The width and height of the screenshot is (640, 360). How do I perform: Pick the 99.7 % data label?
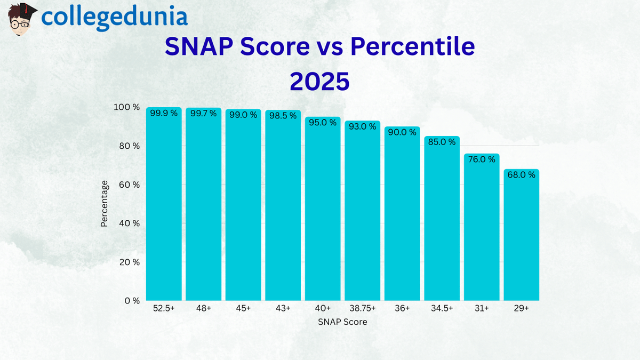tap(203, 113)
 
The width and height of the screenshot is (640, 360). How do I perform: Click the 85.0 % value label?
tap(442, 142)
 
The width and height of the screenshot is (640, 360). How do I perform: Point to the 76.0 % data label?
tap(482, 159)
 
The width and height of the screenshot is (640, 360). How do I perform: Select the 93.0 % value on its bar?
tap(362, 127)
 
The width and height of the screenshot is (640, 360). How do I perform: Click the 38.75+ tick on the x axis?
tap(362, 309)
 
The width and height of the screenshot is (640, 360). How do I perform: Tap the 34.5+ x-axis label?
tap(442, 309)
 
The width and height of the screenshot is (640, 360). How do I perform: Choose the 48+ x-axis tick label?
tap(203, 309)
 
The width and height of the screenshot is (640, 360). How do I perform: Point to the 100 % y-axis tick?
tap(127, 108)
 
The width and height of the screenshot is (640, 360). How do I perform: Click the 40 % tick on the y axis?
tap(129, 223)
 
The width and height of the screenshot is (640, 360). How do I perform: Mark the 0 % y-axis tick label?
tap(131, 301)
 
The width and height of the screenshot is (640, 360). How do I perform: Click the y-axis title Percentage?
tap(105, 204)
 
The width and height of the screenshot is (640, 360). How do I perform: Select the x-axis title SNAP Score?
tap(342, 322)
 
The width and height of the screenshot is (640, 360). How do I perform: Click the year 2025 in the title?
tap(319, 82)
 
